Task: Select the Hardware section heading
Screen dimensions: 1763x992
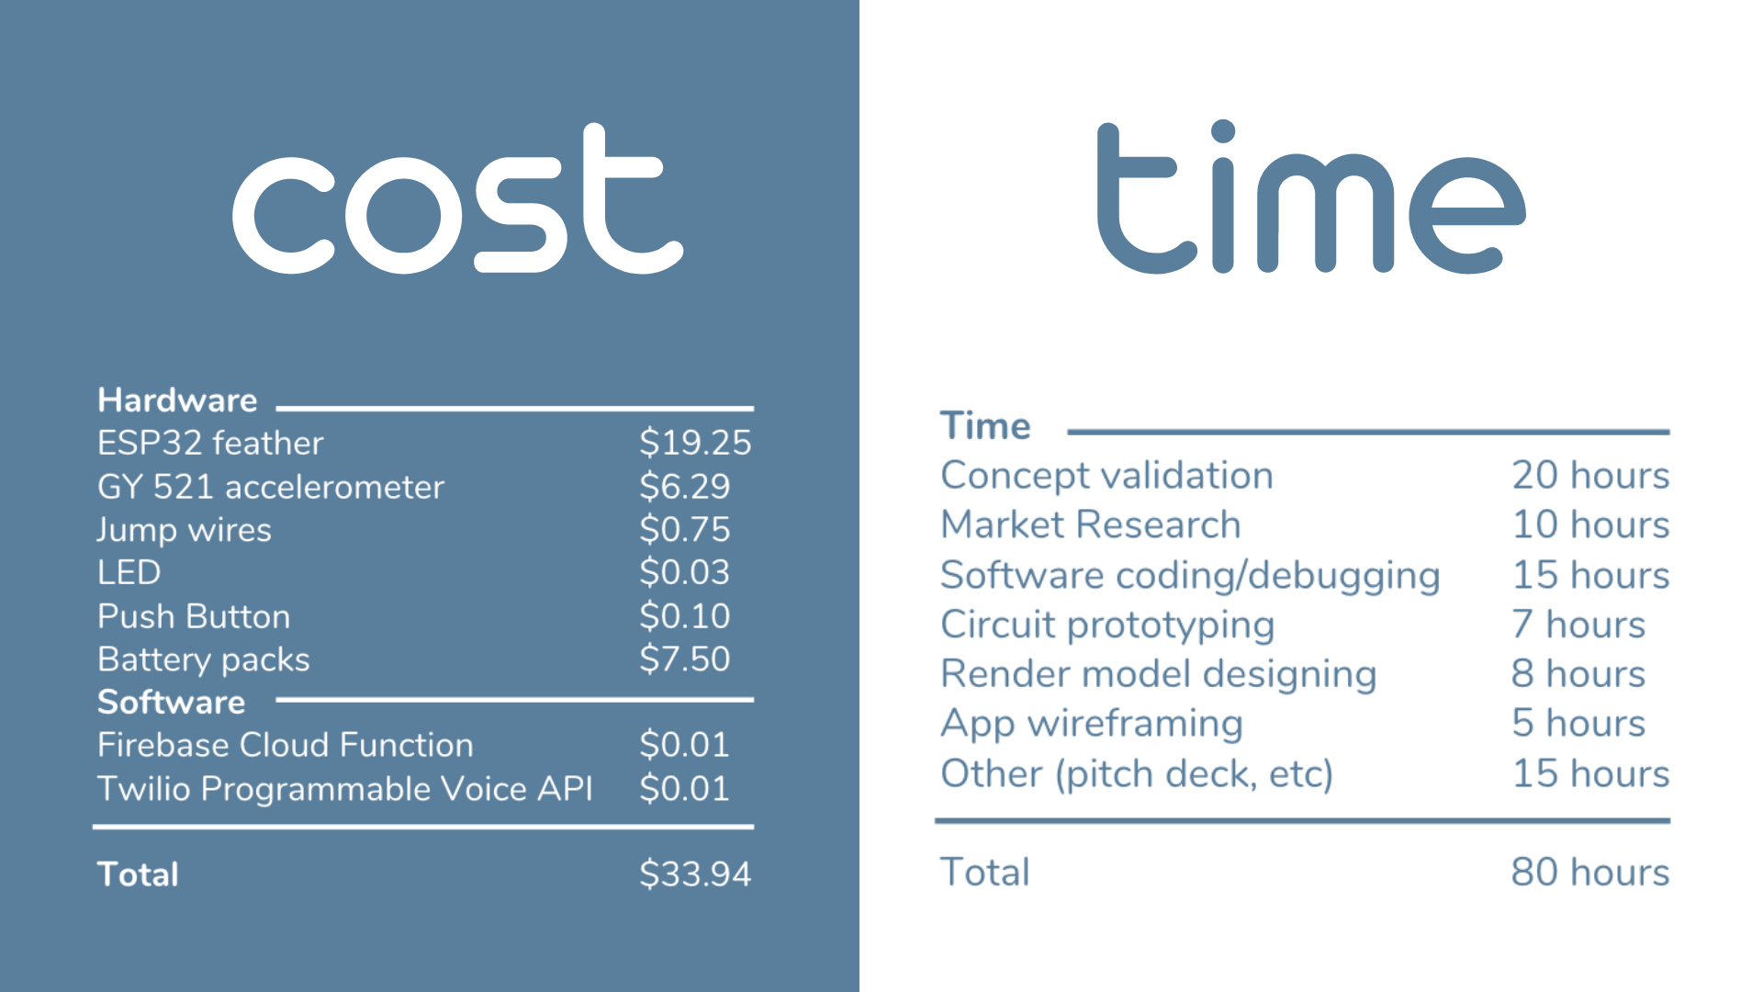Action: tap(177, 400)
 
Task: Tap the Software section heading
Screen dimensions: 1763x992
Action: tap(172, 703)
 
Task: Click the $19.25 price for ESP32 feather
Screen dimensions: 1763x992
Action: tap(695, 443)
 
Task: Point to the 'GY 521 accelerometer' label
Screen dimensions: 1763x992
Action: tap(271, 487)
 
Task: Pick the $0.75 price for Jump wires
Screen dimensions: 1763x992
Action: tap(685, 529)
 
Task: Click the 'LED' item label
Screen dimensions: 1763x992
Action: tap(129, 572)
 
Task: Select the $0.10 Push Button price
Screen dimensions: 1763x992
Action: tap(685, 615)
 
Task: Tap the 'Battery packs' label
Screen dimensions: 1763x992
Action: tap(204, 659)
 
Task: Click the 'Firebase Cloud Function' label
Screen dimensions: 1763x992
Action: tap(286, 745)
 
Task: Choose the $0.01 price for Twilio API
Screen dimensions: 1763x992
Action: tap(685, 788)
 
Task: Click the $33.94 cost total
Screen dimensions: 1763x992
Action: tap(695, 874)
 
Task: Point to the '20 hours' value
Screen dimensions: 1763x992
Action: tap(1590, 475)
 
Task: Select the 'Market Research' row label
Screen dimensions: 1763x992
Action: tap(1091, 524)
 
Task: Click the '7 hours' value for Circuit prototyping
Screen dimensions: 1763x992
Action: tap(1578, 625)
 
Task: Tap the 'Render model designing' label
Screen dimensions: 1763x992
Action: tap(1159, 674)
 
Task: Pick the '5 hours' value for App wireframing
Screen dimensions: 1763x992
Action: tap(1578, 724)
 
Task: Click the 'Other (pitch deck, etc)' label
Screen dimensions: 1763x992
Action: tap(1137, 773)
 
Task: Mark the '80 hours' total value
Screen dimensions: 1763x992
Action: tap(1590, 872)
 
